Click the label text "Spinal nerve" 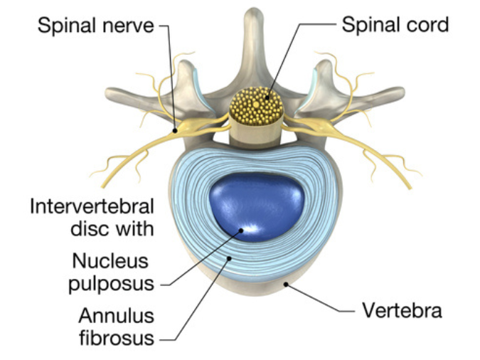[95, 25]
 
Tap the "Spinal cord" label [395, 24]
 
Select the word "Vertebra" [402, 310]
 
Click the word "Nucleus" [110, 261]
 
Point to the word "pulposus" [111, 285]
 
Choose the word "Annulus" [117, 316]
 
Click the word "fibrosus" [117, 338]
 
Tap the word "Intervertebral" [92, 206]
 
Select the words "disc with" [112, 229]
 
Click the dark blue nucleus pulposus [257, 207]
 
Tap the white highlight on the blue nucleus [250, 228]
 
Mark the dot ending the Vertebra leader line [286, 285]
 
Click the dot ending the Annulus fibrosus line [229, 258]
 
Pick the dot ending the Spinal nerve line [175, 131]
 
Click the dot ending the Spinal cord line [267, 98]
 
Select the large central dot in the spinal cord [256, 105]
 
